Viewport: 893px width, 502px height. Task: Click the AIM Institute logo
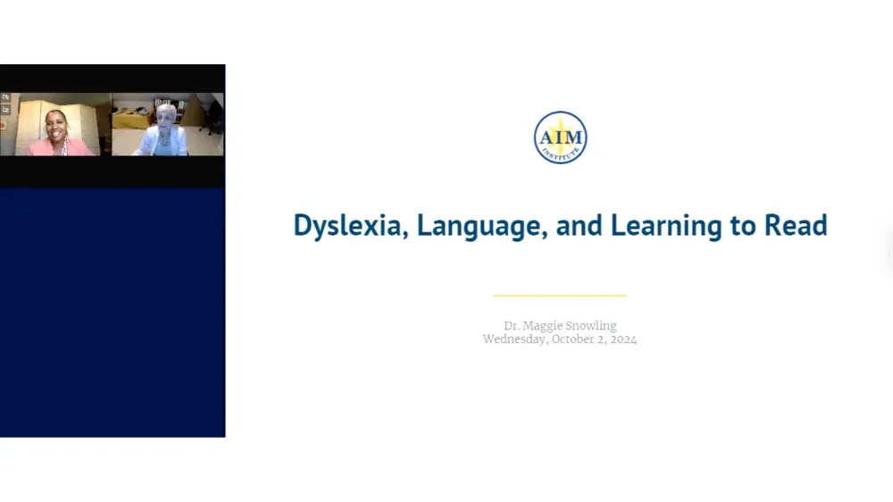point(560,138)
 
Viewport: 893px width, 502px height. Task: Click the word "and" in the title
point(579,225)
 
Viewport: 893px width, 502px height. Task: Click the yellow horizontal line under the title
point(560,295)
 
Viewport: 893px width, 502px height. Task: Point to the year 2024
point(623,339)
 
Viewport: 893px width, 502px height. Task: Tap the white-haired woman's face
point(166,117)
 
